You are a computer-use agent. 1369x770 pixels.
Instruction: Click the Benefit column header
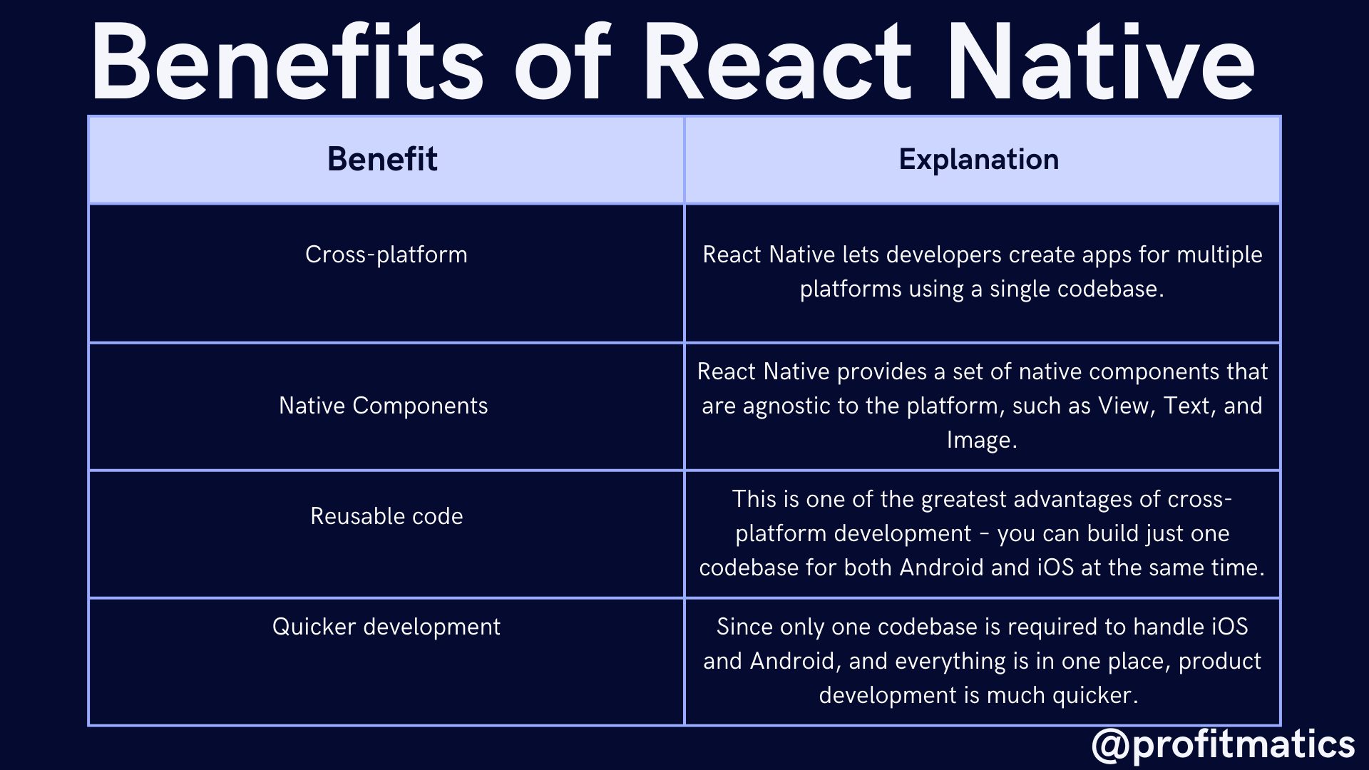(x=382, y=159)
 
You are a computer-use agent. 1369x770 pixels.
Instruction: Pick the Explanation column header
(x=979, y=160)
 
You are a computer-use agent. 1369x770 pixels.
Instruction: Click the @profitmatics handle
(x=1223, y=744)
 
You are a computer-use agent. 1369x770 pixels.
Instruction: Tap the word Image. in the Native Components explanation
(x=982, y=440)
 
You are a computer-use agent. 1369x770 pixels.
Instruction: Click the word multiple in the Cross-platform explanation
(x=1219, y=255)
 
